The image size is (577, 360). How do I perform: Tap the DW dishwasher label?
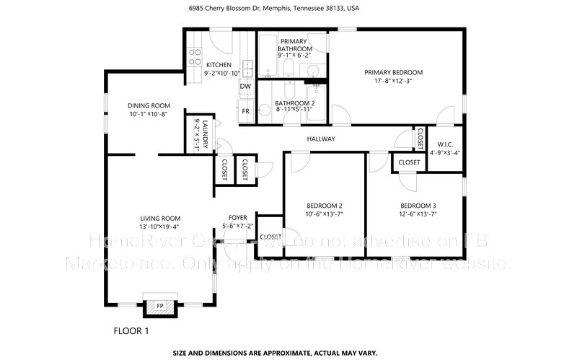point(245,87)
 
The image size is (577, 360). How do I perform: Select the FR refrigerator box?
point(245,111)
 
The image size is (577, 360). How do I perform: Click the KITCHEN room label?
point(198,64)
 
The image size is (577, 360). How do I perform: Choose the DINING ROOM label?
point(149,105)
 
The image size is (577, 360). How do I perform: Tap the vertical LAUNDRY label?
point(205,132)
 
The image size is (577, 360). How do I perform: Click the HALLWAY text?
point(321,139)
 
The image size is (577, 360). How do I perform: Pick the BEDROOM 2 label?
point(325,205)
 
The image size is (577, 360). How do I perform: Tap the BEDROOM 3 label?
point(418,205)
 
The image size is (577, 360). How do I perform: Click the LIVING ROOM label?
point(160,218)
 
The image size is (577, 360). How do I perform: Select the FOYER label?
point(238,217)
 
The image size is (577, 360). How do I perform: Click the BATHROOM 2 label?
point(295,103)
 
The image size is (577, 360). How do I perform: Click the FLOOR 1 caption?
point(131,332)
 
